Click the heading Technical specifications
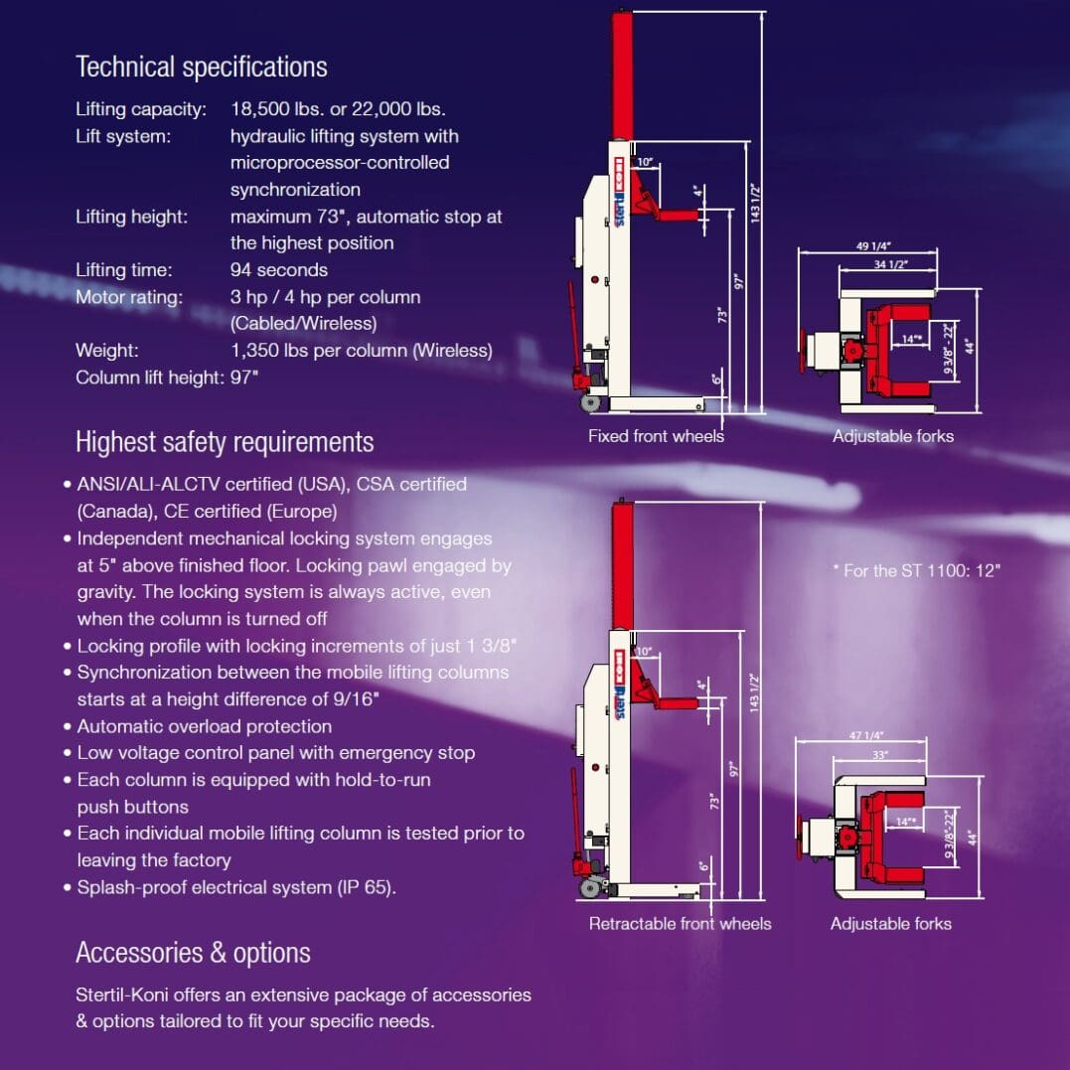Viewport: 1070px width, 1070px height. coord(202,68)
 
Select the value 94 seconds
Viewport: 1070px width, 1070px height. coord(279,269)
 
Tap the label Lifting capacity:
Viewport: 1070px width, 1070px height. coord(141,109)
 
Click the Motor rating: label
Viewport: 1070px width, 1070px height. coord(129,297)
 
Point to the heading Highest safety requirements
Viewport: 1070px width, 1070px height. coord(225,442)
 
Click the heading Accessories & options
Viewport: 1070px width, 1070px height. coord(193,953)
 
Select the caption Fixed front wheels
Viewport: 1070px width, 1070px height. coord(656,436)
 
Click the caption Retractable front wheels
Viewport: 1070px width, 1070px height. coord(680,923)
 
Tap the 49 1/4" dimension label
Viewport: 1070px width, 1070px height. coord(873,245)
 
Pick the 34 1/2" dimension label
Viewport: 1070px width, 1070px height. coord(891,264)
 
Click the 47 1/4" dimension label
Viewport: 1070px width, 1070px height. coord(866,735)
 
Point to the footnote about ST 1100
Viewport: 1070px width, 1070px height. coord(916,570)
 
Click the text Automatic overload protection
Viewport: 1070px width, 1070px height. coord(204,726)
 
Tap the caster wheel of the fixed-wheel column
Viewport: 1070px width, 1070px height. coord(589,403)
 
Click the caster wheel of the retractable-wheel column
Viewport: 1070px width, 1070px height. coord(589,888)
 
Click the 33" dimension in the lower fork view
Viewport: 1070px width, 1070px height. coord(880,755)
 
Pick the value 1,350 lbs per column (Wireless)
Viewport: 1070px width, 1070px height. coord(361,351)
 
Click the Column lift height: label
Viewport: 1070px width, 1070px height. coord(150,378)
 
